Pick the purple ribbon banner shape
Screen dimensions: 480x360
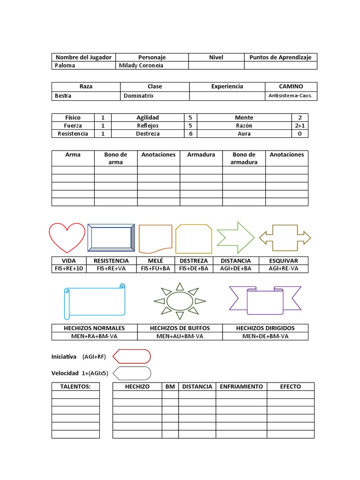265,300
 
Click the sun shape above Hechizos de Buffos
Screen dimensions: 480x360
180,300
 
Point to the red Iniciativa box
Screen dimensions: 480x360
132,357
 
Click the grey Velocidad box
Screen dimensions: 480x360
132,373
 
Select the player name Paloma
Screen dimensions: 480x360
65,66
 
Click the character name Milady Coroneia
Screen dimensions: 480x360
141,66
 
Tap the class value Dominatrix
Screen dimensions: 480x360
138,96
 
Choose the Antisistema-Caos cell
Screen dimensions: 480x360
291,96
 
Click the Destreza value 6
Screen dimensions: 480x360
190,134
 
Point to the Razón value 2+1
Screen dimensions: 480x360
300,126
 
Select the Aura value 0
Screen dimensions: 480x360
300,134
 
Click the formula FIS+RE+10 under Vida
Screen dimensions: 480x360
68,269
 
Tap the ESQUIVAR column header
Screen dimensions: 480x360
284,261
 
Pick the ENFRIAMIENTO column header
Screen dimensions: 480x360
241,387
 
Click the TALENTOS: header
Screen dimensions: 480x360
75,387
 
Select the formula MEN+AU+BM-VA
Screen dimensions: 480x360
180,336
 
